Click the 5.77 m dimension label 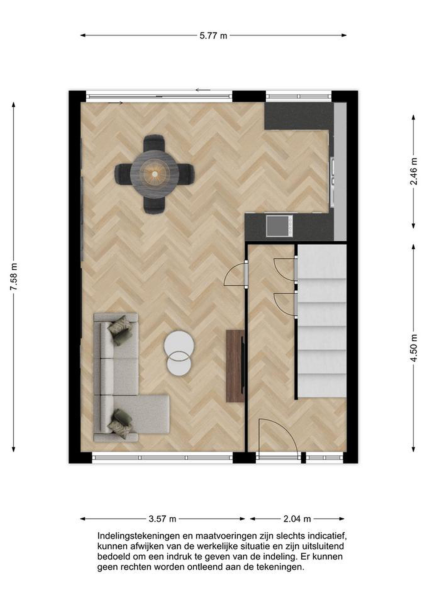click(x=213, y=36)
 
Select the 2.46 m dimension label click(x=414, y=171)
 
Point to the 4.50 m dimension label click(x=414, y=348)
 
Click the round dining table click(x=155, y=174)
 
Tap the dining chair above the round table click(x=154, y=143)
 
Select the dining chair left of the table click(x=123, y=174)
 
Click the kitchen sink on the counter click(x=279, y=226)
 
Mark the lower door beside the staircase click(x=285, y=305)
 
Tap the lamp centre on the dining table click(x=155, y=174)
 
